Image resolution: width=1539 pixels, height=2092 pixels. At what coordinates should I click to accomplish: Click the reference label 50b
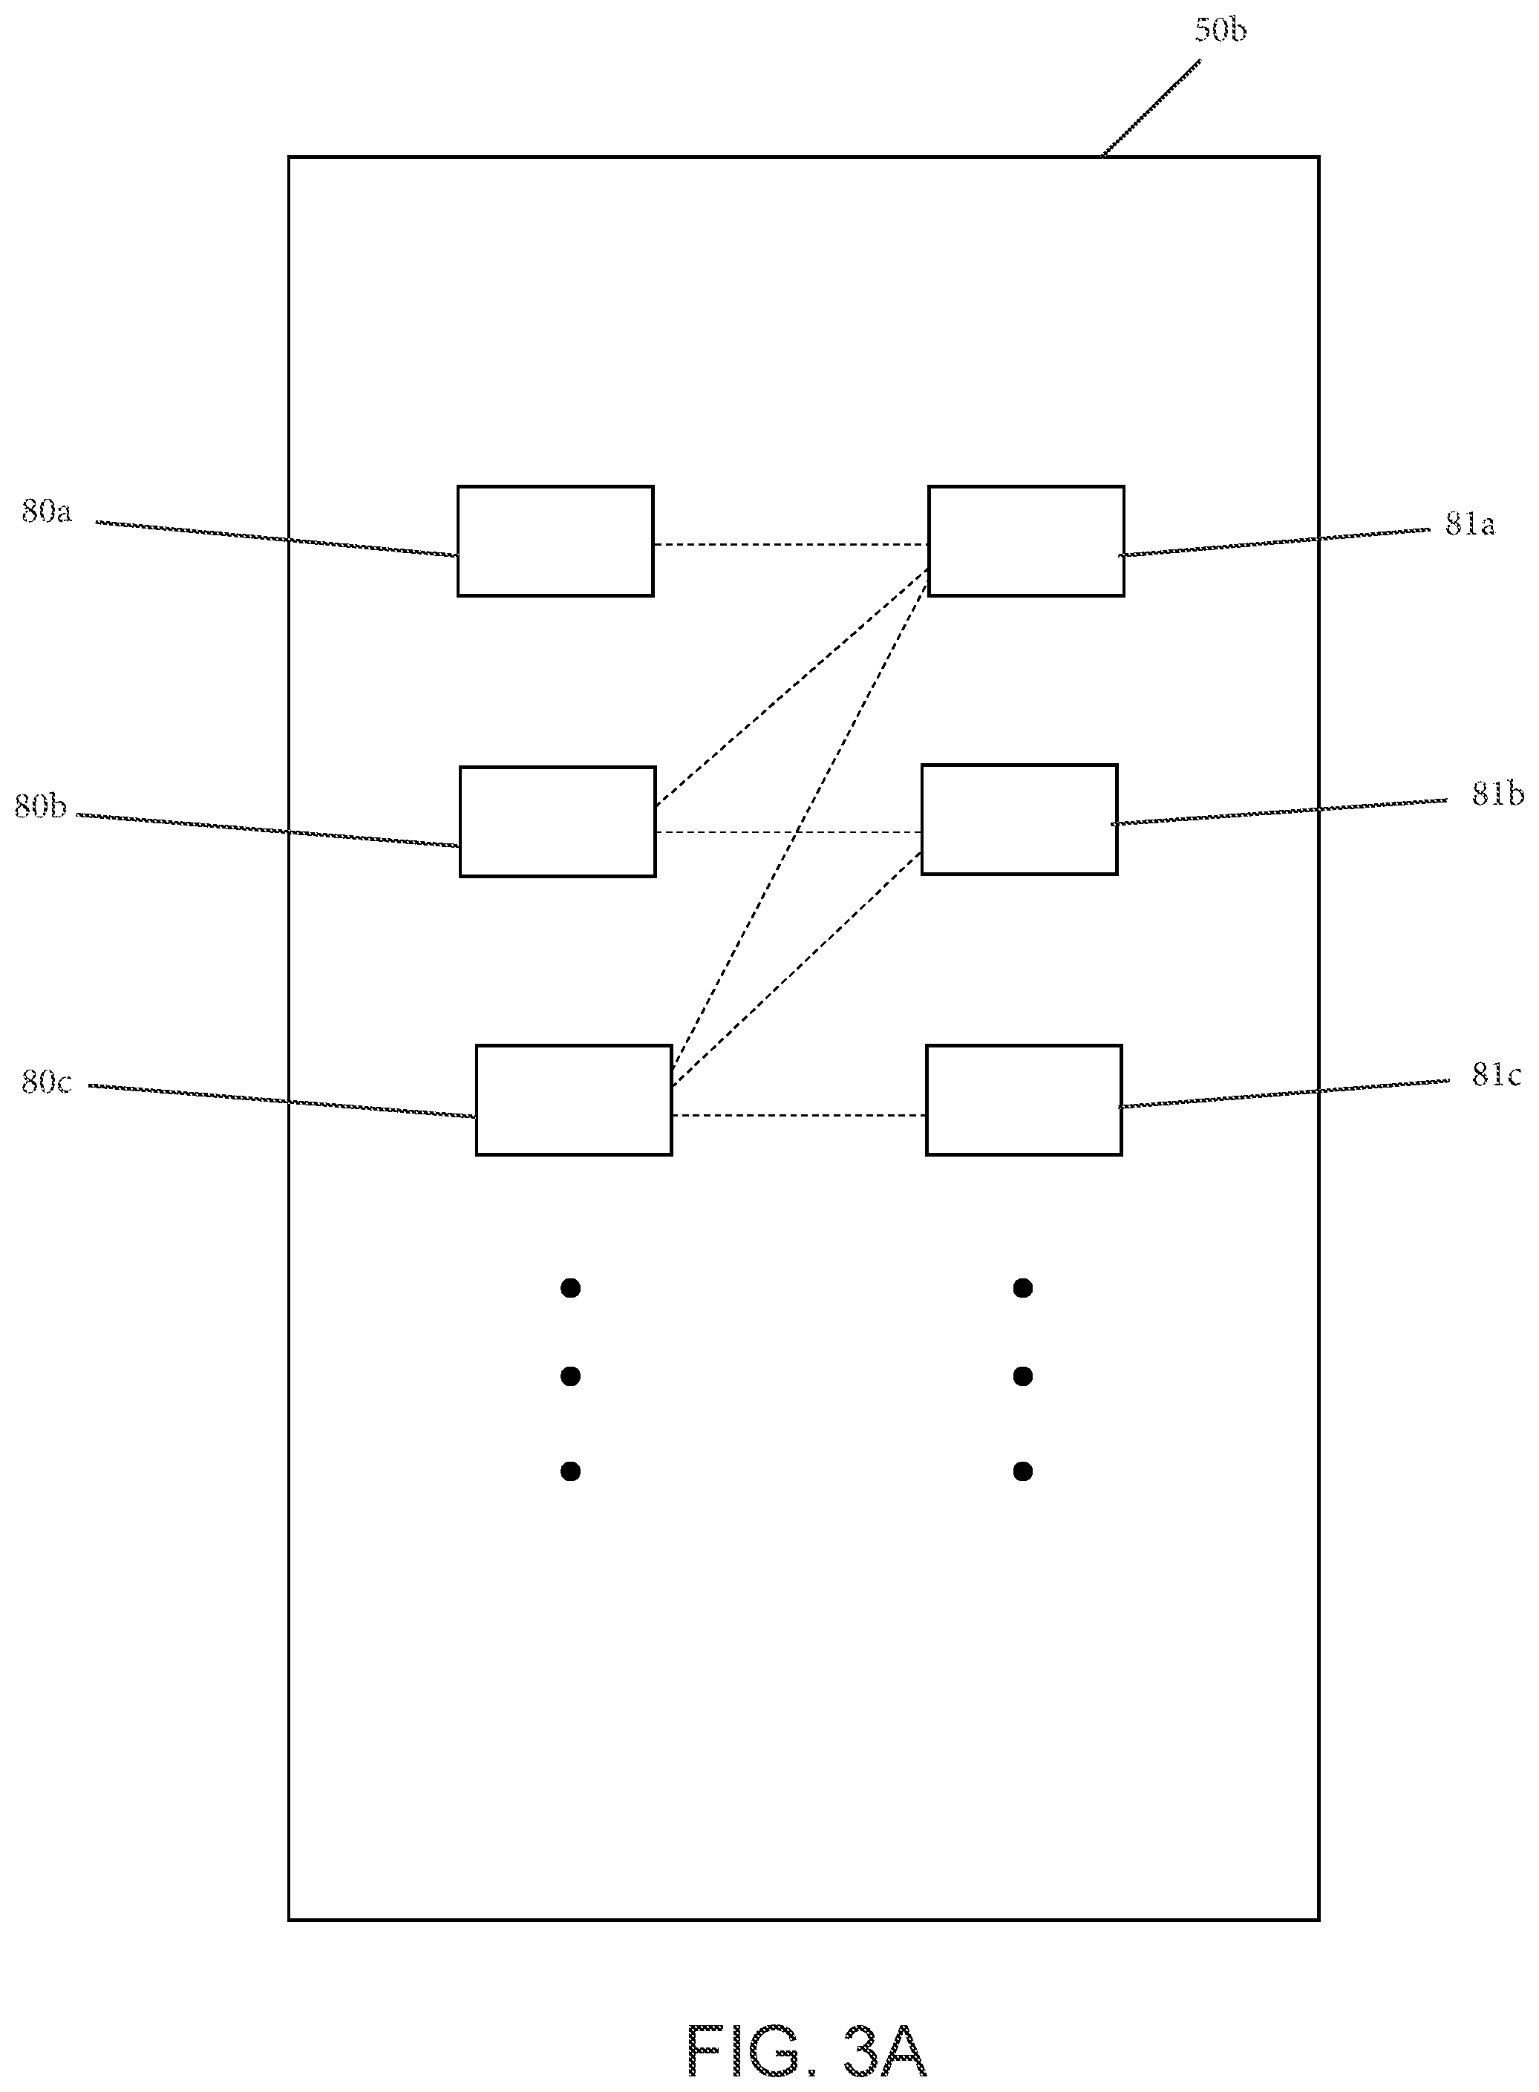pyautogui.click(x=1221, y=30)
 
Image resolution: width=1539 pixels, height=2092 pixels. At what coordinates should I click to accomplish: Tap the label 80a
pyautogui.click(x=47, y=511)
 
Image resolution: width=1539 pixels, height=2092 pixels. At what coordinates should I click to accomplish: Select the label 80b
pyautogui.click(x=40, y=805)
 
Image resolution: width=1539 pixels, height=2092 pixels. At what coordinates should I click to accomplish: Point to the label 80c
pyautogui.click(x=47, y=1082)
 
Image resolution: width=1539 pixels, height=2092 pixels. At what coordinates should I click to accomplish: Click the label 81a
pyautogui.click(x=1470, y=524)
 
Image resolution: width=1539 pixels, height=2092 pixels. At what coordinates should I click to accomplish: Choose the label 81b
pyautogui.click(x=1498, y=794)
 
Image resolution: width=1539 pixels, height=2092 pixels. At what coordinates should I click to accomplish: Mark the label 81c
pyautogui.click(x=1496, y=1076)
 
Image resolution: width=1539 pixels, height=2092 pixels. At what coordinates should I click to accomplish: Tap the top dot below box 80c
pyautogui.click(x=571, y=1288)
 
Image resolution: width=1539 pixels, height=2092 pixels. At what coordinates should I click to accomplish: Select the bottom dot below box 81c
pyautogui.click(x=1023, y=1471)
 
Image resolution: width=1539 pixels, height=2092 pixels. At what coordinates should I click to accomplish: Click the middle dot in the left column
pyautogui.click(x=571, y=1376)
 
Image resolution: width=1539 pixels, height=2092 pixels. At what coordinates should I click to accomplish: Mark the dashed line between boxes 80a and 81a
pyautogui.click(x=791, y=544)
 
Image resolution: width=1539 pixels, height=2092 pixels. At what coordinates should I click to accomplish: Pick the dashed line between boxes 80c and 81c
pyautogui.click(x=798, y=1115)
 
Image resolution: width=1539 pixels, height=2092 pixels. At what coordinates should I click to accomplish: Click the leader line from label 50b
pyautogui.click(x=1151, y=109)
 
